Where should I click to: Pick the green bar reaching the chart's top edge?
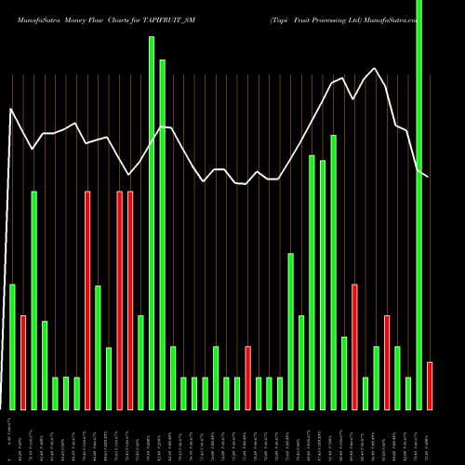pos(419,205)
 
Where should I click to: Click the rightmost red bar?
pos(430,386)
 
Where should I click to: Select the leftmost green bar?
pos(12,347)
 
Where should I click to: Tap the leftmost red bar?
pos(23,363)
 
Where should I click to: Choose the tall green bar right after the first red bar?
pos(34,300)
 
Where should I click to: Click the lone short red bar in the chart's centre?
pos(248,378)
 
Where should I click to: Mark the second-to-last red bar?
pos(387,363)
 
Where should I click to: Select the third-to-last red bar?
pos(355,347)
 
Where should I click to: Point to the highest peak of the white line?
pos(374,67)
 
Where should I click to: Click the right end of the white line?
pos(429,176)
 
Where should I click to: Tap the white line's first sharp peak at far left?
pos(11,109)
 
